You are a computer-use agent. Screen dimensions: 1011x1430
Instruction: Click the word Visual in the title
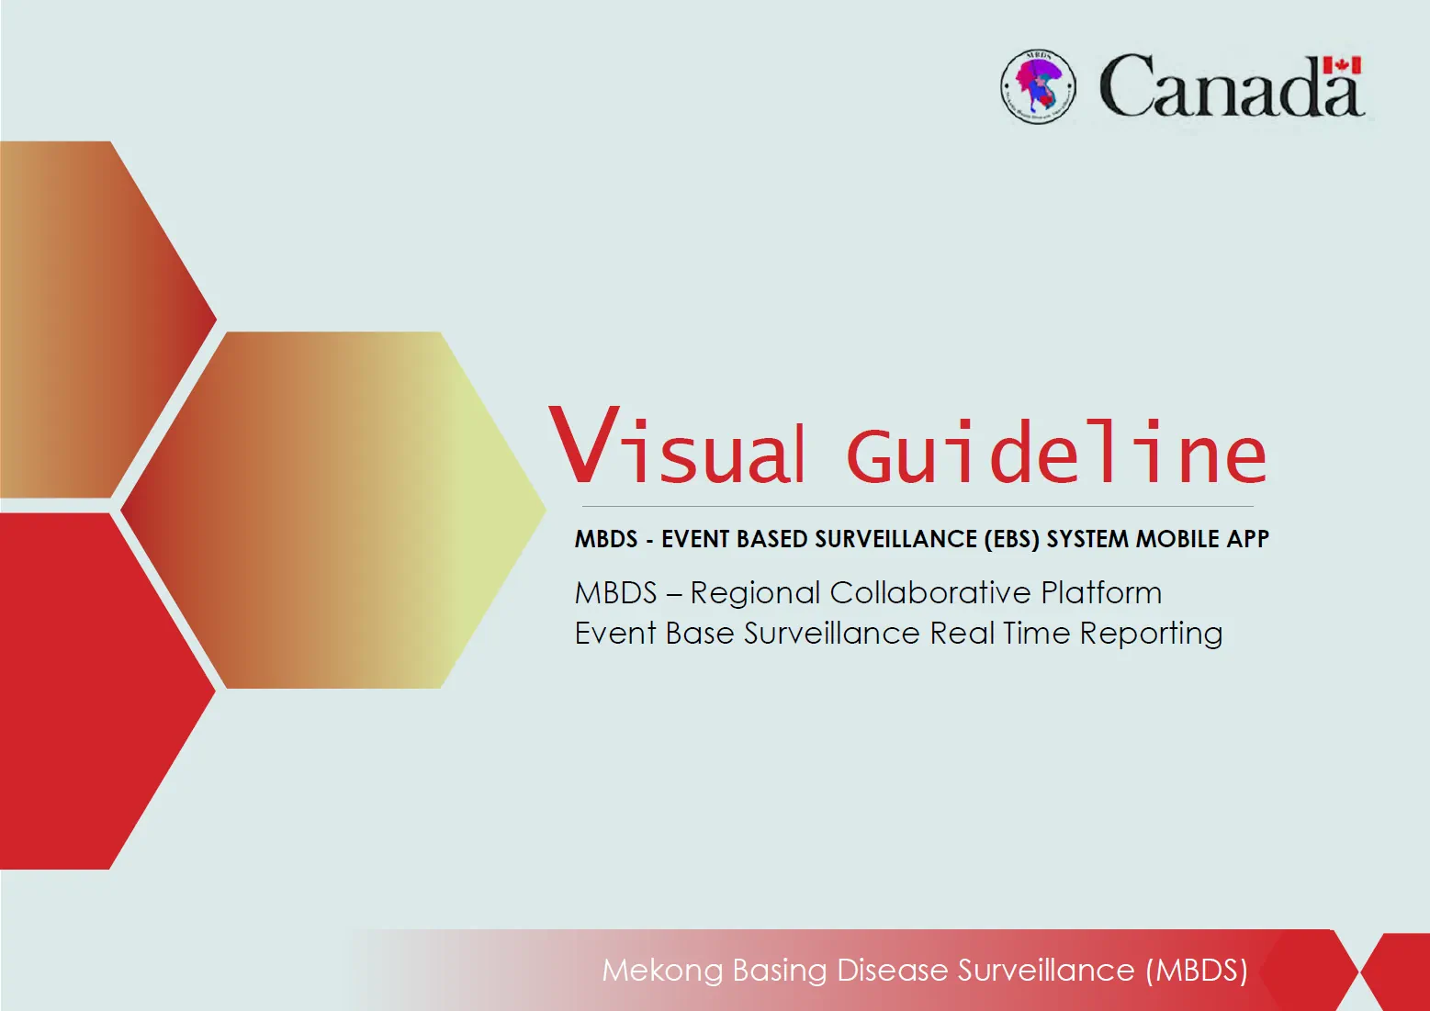point(678,449)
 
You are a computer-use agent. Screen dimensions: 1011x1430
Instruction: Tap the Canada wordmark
point(1231,87)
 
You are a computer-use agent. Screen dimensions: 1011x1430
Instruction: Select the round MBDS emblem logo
point(1038,87)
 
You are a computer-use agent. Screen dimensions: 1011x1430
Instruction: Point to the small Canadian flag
point(1342,65)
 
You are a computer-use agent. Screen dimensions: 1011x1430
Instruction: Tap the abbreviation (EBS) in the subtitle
point(1012,539)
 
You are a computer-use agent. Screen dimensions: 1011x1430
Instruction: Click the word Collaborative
point(930,593)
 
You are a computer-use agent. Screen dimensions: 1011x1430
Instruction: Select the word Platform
point(1101,593)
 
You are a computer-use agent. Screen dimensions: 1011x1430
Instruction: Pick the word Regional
point(755,593)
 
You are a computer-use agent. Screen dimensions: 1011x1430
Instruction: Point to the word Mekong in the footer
point(662,971)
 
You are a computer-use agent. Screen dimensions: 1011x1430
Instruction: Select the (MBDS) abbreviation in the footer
point(1197,971)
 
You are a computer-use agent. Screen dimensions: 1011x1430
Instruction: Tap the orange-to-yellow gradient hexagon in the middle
point(331,510)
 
